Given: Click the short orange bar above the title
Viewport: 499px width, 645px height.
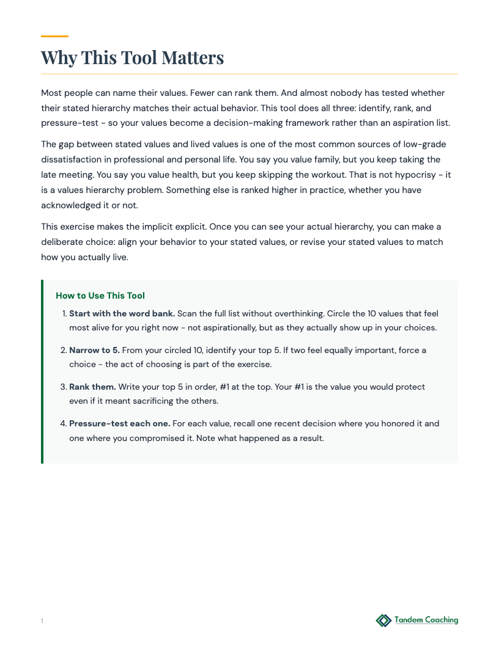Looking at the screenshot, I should (54, 37).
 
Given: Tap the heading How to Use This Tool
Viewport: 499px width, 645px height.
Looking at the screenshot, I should (100, 296).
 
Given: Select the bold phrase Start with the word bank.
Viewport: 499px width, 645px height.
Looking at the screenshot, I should (122, 313).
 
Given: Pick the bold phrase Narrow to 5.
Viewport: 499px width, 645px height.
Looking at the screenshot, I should (94, 350).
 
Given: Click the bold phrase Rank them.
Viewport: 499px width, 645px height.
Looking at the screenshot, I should (92, 387).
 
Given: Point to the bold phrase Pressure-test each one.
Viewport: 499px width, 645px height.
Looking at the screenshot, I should (119, 423).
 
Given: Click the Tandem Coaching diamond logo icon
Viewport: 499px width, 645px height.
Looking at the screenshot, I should (383, 621).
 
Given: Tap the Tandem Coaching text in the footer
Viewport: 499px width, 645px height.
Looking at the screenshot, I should (426, 620).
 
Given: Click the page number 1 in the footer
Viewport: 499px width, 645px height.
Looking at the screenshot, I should (42, 621).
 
